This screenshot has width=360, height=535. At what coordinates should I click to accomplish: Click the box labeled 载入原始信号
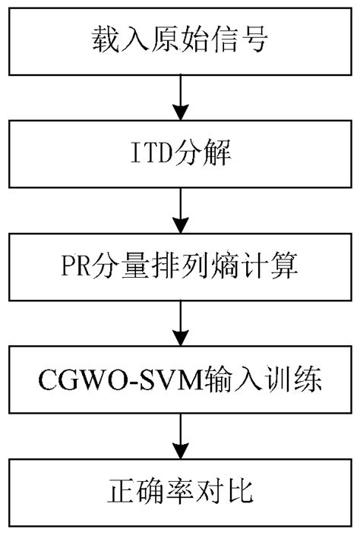[x=179, y=40]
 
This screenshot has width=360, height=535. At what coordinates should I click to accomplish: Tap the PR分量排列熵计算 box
[x=179, y=266]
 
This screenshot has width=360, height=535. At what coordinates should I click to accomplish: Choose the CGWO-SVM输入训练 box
[x=179, y=379]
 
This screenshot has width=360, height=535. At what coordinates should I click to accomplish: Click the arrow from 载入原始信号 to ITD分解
[x=180, y=96]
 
